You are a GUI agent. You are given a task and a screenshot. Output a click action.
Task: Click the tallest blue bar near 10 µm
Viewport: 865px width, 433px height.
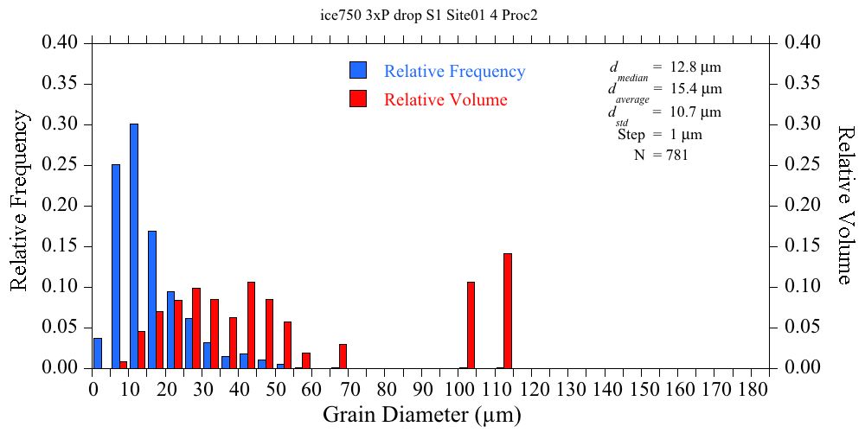pos(134,246)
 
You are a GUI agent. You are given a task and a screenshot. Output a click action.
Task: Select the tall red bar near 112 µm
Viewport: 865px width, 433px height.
pos(508,311)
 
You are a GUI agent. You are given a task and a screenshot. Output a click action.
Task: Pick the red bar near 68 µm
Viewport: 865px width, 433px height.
pos(343,356)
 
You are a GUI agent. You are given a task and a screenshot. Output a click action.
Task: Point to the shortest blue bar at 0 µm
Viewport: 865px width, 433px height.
pos(98,353)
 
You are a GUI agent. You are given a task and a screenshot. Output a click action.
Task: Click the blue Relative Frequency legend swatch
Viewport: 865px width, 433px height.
pos(358,71)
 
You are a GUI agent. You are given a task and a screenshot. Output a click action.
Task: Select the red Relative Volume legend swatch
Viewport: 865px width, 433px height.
pos(358,99)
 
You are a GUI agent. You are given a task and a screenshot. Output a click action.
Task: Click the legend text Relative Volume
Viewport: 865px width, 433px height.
pos(445,99)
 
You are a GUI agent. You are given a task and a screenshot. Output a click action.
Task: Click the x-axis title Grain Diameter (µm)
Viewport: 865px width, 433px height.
pos(422,415)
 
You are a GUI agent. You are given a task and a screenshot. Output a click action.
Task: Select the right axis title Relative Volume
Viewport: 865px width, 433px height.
pos(847,205)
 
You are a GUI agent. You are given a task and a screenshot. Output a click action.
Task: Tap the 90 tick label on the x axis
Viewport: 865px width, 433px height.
pos(423,389)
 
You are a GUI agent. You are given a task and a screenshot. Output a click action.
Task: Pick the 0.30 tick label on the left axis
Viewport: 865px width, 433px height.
pos(61,124)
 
